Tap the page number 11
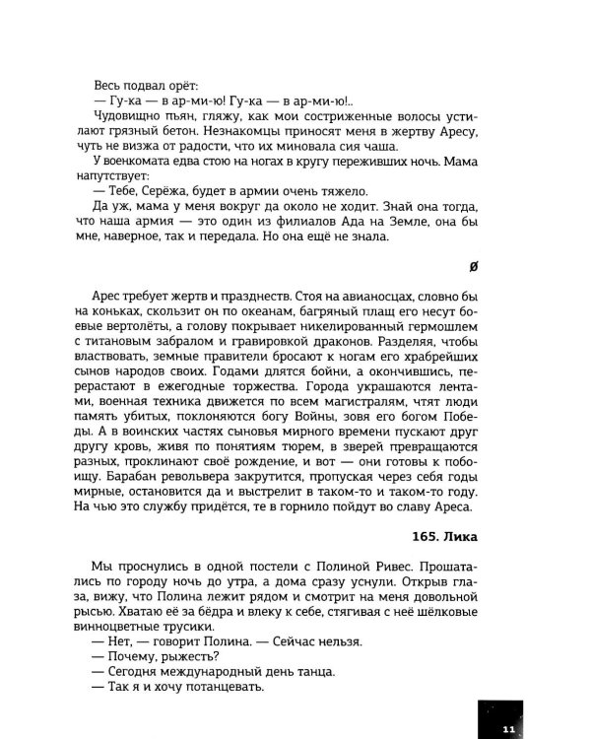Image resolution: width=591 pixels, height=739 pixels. click(x=507, y=728)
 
